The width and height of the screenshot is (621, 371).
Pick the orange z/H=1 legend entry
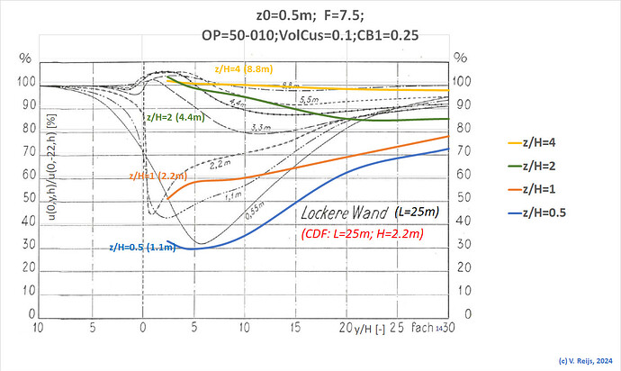point(548,189)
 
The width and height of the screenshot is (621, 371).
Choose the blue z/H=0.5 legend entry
point(552,213)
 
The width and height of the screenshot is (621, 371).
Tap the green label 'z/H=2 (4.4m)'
point(177,116)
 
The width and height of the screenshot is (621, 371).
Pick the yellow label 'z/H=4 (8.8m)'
point(243,68)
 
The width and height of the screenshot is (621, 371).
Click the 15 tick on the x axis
point(296,325)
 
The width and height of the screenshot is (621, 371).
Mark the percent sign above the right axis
point(462,59)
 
